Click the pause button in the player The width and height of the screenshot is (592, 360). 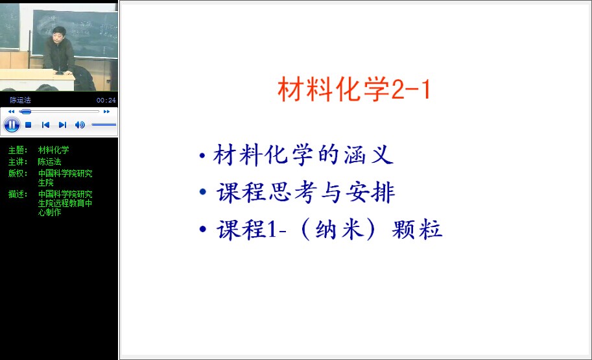click(12, 125)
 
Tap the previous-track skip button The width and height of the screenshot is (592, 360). click(45, 125)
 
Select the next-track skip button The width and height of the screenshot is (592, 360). click(63, 125)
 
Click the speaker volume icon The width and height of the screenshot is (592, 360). click(80, 125)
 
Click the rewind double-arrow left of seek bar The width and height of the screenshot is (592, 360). click(11, 112)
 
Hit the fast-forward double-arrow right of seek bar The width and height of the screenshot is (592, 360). click(106, 112)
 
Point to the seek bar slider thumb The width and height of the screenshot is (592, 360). click(26, 112)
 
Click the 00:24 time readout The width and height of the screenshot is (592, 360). click(106, 100)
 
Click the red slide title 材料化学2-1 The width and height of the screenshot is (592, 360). click(354, 89)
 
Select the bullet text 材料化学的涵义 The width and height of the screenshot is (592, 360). click(303, 155)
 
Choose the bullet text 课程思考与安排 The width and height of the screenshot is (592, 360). click(305, 192)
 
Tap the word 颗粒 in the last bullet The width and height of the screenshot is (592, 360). click(417, 229)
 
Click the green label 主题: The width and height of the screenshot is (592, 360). click(18, 150)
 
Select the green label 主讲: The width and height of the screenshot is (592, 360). click(18, 162)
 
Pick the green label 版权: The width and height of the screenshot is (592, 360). click(18, 173)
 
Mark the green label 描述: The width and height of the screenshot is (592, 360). click(18, 194)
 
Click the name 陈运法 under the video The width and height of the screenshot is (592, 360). click(20, 100)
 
